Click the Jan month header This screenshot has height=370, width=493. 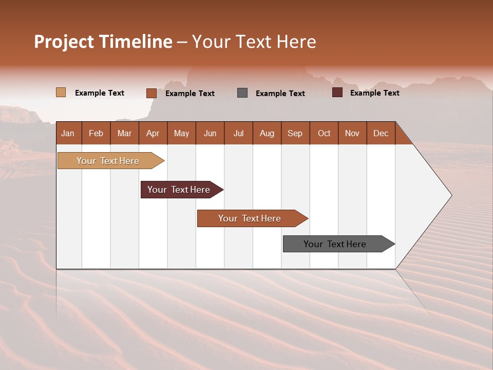tap(68, 133)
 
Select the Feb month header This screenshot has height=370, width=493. tap(96, 133)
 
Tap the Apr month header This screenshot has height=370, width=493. tap(153, 133)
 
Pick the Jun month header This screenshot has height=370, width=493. tap(210, 133)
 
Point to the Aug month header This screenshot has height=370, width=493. tap(267, 133)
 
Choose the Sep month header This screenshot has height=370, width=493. tap(295, 133)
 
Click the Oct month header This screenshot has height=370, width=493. tap(324, 133)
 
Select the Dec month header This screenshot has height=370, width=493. tap(381, 133)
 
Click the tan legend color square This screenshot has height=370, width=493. tap(61, 92)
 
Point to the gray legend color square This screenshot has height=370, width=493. tap(242, 92)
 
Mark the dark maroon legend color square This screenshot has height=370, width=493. tap(337, 92)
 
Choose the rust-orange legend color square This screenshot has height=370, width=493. tap(151, 93)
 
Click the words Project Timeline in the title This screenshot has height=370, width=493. tap(103, 42)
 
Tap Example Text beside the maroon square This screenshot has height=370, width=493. tap(374, 93)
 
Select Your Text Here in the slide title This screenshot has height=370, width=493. tap(254, 42)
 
